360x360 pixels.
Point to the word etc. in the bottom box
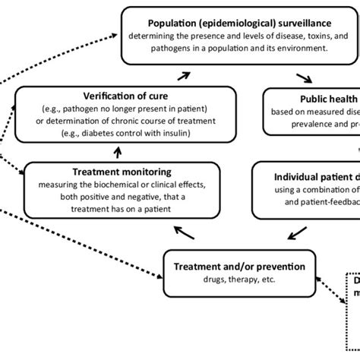tap(262, 279)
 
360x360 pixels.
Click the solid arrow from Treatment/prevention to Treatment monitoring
tap(182, 230)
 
